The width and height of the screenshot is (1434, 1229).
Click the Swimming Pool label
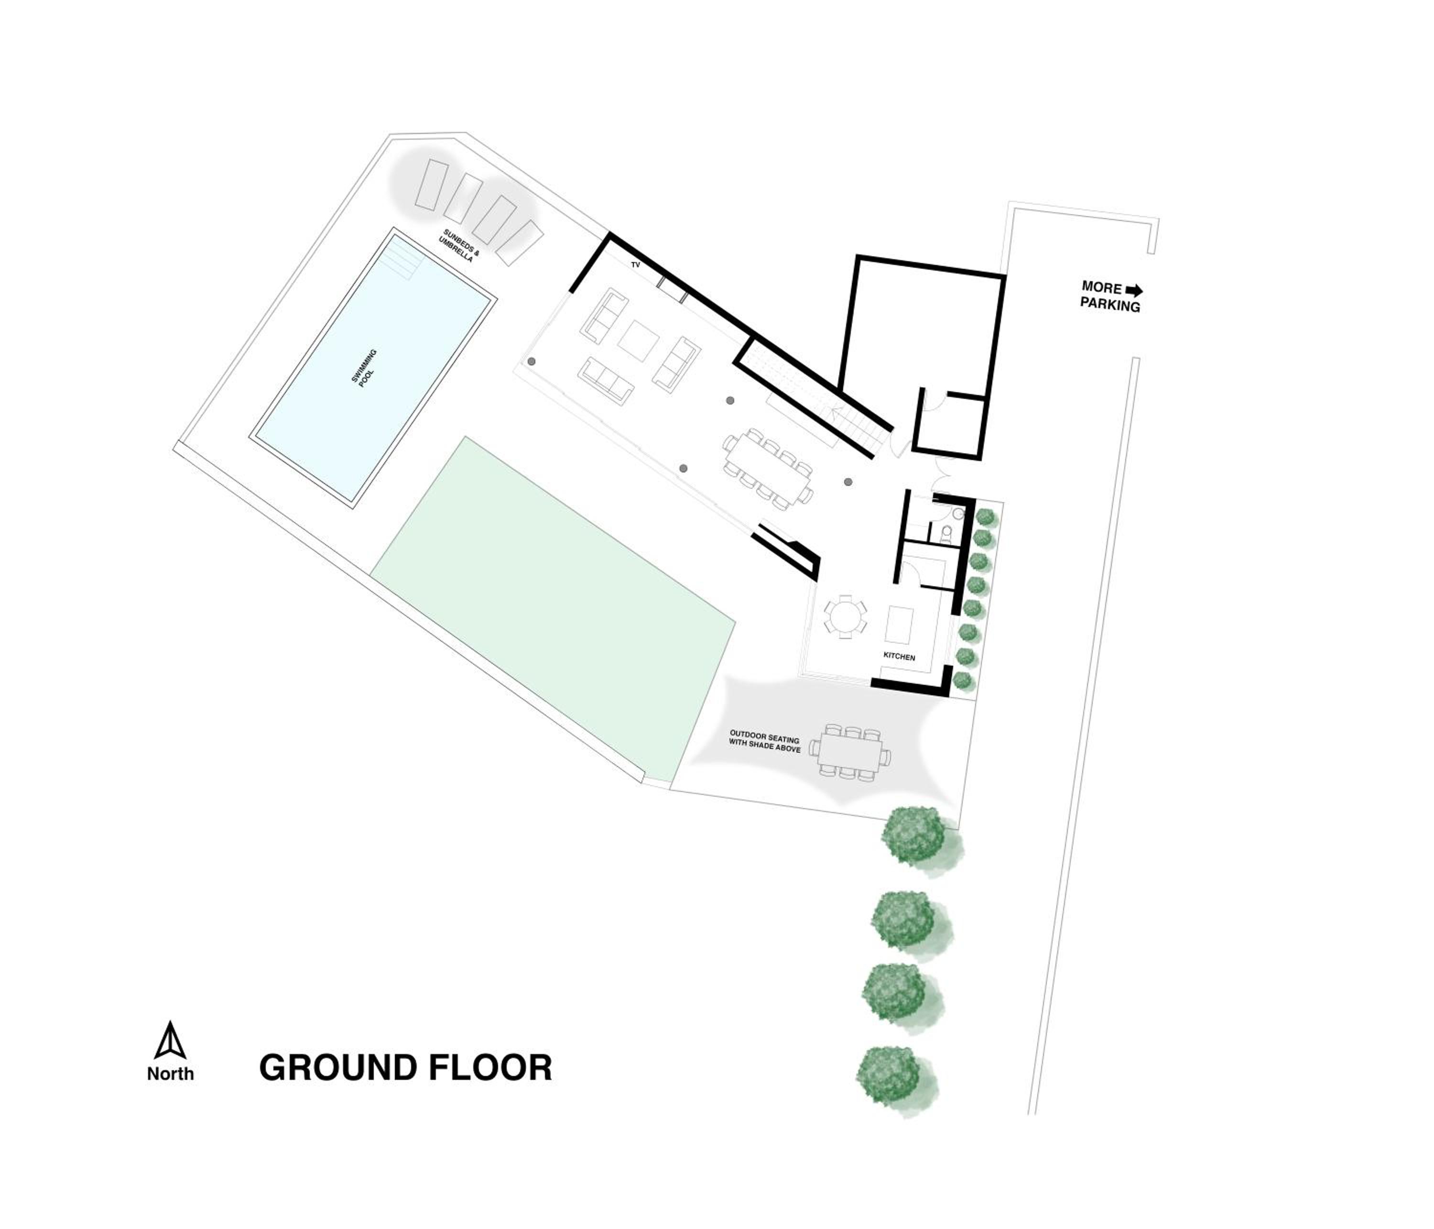point(364,368)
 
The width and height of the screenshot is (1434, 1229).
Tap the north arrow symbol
point(170,1040)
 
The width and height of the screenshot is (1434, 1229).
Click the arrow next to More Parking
point(1134,290)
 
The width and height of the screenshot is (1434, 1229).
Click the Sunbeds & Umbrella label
point(459,246)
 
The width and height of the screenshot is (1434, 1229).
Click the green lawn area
point(554,609)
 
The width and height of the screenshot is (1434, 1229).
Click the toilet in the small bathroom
point(945,533)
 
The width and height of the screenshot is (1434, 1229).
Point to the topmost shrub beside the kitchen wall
point(986,516)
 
